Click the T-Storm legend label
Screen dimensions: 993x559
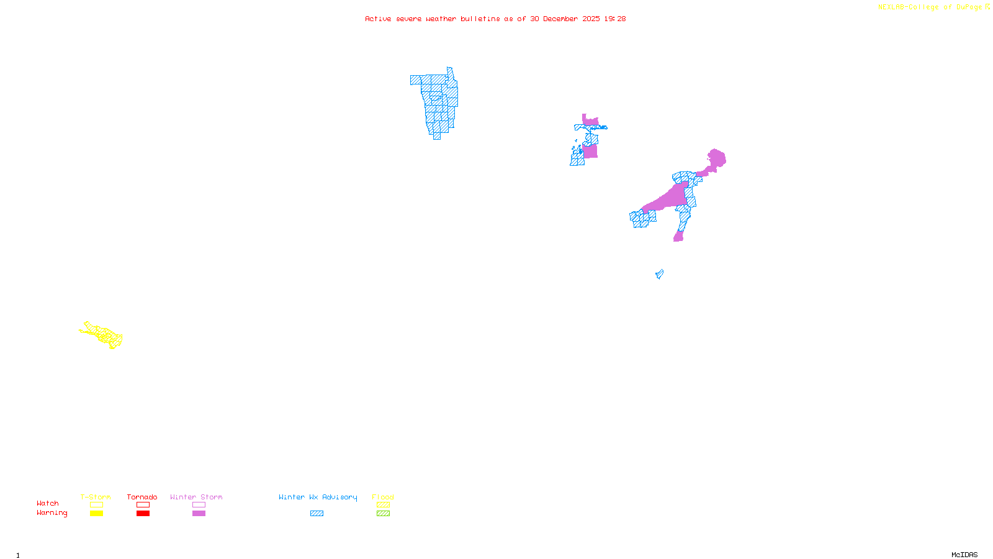(x=96, y=497)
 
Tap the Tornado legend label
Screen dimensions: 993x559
(x=142, y=497)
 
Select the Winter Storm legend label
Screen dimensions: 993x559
(x=196, y=497)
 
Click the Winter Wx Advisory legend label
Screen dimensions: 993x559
(x=318, y=497)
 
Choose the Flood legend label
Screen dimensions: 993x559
(x=383, y=497)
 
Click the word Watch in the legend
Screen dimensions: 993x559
(x=48, y=503)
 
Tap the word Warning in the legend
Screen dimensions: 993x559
(x=52, y=513)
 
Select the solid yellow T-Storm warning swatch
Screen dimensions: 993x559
(x=96, y=514)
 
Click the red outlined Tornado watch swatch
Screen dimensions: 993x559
(x=143, y=505)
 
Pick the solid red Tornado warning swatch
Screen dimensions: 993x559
(x=143, y=514)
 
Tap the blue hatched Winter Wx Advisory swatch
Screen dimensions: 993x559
(x=317, y=514)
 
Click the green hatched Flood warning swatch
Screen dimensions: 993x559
(x=383, y=514)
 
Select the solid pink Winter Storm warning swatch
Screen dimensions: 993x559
(x=199, y=514)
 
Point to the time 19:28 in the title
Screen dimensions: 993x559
(x=615, y=19)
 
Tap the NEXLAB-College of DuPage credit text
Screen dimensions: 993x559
(x=930, y=7)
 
